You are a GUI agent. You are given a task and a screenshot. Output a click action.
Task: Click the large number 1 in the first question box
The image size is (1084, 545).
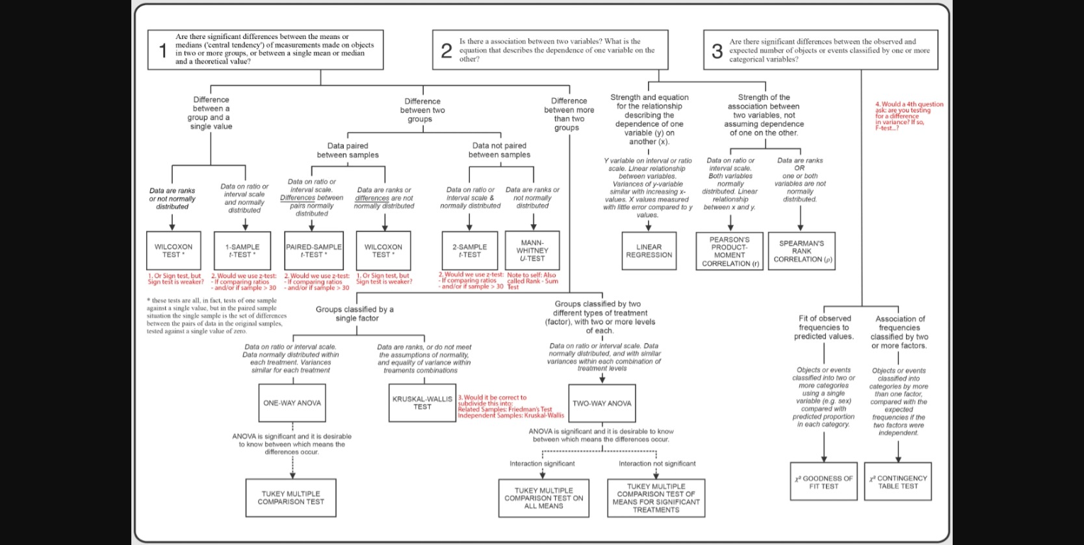[163, 50]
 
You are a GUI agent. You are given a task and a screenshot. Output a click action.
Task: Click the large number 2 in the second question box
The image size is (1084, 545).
[446, 51]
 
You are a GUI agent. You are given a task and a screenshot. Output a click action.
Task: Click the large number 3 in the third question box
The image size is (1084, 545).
[717, 51]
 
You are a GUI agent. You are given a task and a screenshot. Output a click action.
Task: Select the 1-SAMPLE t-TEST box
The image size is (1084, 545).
[242, 251]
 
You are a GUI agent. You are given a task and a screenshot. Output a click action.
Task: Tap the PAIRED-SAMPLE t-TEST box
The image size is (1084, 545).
[314, 251]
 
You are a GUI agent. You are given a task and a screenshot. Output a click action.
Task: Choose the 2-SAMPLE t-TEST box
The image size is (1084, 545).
[470, 251]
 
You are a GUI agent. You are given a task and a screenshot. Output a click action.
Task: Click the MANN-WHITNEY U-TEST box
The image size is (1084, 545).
[532, 250]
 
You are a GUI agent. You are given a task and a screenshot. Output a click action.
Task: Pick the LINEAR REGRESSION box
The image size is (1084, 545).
[649, 251]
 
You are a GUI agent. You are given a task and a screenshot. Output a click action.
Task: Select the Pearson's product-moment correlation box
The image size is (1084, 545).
[730, 251]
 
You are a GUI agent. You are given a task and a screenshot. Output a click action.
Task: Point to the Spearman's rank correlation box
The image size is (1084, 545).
[801, 251]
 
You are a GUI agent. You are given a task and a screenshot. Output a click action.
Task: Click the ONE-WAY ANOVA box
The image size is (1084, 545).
[292, 403]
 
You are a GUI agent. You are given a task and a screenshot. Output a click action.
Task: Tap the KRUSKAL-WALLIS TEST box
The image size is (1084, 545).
[422, 403]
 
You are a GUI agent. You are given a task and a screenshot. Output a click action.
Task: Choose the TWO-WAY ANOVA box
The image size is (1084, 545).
[602, 403]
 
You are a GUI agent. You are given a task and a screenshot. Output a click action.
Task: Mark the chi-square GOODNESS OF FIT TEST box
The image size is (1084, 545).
[823, 482]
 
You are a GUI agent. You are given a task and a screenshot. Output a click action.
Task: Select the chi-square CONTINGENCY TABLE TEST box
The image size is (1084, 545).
[898, 482]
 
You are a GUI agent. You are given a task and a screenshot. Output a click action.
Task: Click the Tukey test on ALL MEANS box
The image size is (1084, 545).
[544, 498]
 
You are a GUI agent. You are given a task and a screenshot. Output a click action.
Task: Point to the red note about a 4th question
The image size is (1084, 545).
[909, 116]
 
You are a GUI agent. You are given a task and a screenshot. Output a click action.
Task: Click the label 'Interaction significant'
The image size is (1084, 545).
[542, 464]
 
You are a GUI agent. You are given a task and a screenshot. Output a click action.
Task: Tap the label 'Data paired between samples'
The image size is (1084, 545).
[348, 151]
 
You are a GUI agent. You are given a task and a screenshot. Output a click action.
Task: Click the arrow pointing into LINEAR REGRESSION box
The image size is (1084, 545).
[649, 226]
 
